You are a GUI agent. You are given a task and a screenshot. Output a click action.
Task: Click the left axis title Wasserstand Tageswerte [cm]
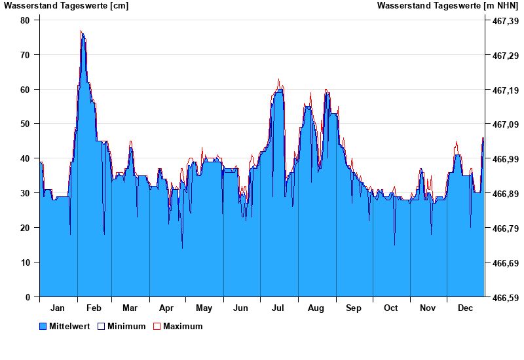[x=66, y=6]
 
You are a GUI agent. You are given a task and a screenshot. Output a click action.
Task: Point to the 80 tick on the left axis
[x=26, y=20]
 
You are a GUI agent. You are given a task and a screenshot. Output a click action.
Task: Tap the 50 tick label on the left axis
[x=26, y=124]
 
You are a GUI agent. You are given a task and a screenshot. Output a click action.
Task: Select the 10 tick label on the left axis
[x=26, y=262]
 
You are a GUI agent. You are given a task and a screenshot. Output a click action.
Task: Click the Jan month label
[x=58, y=308]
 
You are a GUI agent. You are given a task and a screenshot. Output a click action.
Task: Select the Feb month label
[x=94, y=308]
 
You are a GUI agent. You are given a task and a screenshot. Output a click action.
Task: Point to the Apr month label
[x=166, y=308]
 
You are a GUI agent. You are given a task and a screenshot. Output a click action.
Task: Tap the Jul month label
[x=278, y=308]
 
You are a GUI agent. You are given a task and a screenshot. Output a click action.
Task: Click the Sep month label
[x=354, y=308]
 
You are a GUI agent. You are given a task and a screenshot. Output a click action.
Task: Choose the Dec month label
[x=465, y=308]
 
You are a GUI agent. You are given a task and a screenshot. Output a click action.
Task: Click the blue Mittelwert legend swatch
[x=43, y=327]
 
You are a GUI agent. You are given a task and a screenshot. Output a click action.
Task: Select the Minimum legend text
[x=126, y=327]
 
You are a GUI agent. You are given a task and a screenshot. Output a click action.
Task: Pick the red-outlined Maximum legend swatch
[x=157, y=327]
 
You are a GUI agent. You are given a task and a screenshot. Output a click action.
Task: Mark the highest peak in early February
[x=81, y=31]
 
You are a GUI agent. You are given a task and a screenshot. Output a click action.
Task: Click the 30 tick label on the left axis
[x=26, y=193]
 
